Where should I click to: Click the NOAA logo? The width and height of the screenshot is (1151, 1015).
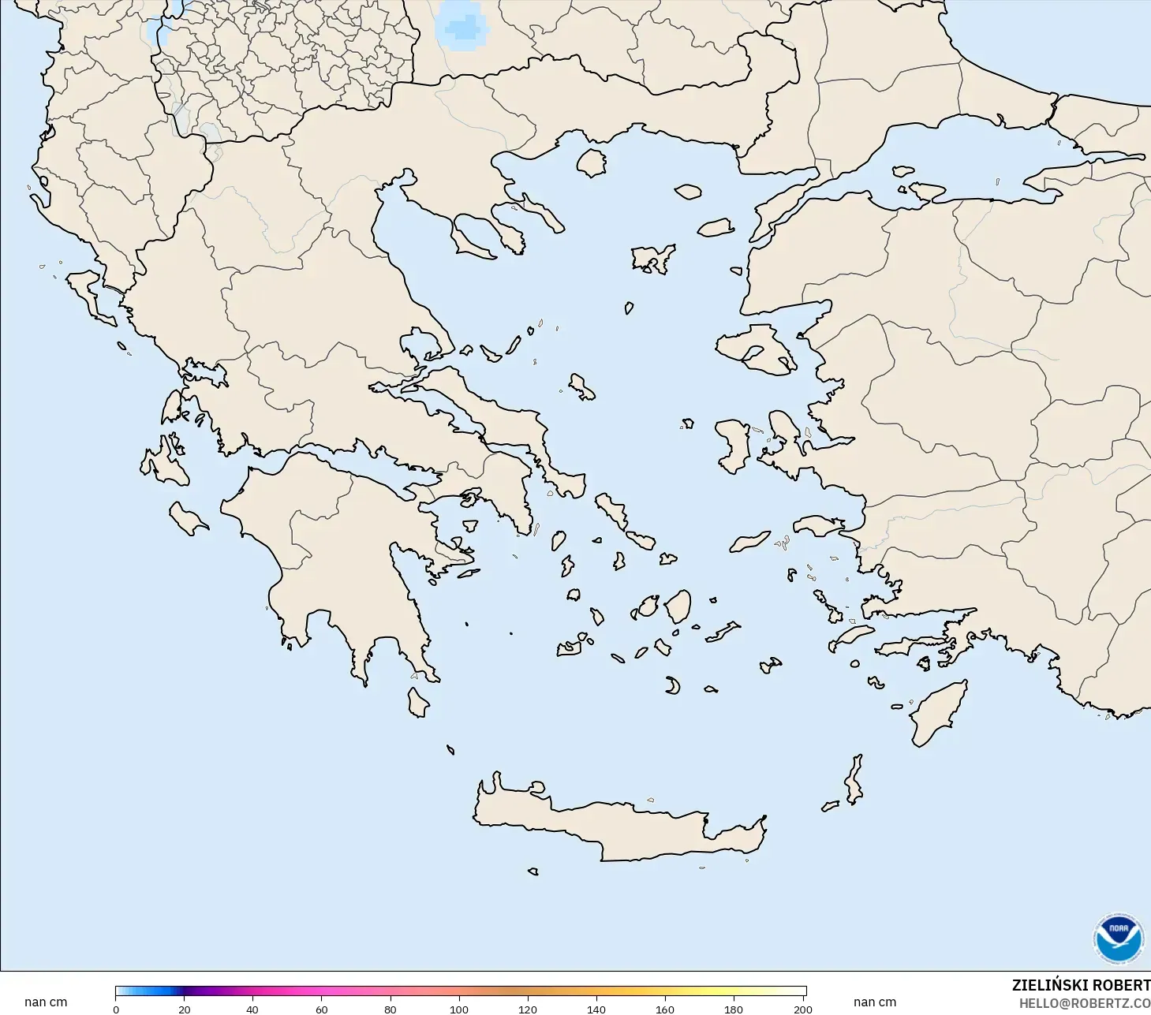click(x=1118, y=939)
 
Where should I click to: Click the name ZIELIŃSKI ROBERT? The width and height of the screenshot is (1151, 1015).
click(x=1081, y=986)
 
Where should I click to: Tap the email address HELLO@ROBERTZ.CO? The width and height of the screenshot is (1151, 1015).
click(x=1084, y=1004)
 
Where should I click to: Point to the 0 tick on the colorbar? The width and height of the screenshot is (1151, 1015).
click(x=116, y=1009)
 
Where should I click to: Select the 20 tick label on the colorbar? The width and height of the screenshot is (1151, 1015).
click(x=184, y=1009)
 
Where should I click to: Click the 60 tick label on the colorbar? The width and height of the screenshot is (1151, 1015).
click(x=321, y=1009)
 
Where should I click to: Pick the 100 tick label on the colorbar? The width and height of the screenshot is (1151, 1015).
click(x=458, y=1009)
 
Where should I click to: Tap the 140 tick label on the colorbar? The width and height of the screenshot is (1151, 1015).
click(x=596, y=1009)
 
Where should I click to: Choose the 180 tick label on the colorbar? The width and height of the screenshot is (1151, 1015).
click(x=734, y=1009)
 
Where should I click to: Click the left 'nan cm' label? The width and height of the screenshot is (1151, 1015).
click(x=46, y=1002)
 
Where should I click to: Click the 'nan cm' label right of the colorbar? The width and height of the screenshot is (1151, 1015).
click(x=875, y=1002)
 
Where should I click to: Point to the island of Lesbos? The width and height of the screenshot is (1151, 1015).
click(x=753, y=347)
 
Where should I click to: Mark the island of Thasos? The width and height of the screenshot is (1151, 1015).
click(x=591, y=163)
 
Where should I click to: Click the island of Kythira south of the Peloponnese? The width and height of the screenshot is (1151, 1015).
click(x=418, y=703)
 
